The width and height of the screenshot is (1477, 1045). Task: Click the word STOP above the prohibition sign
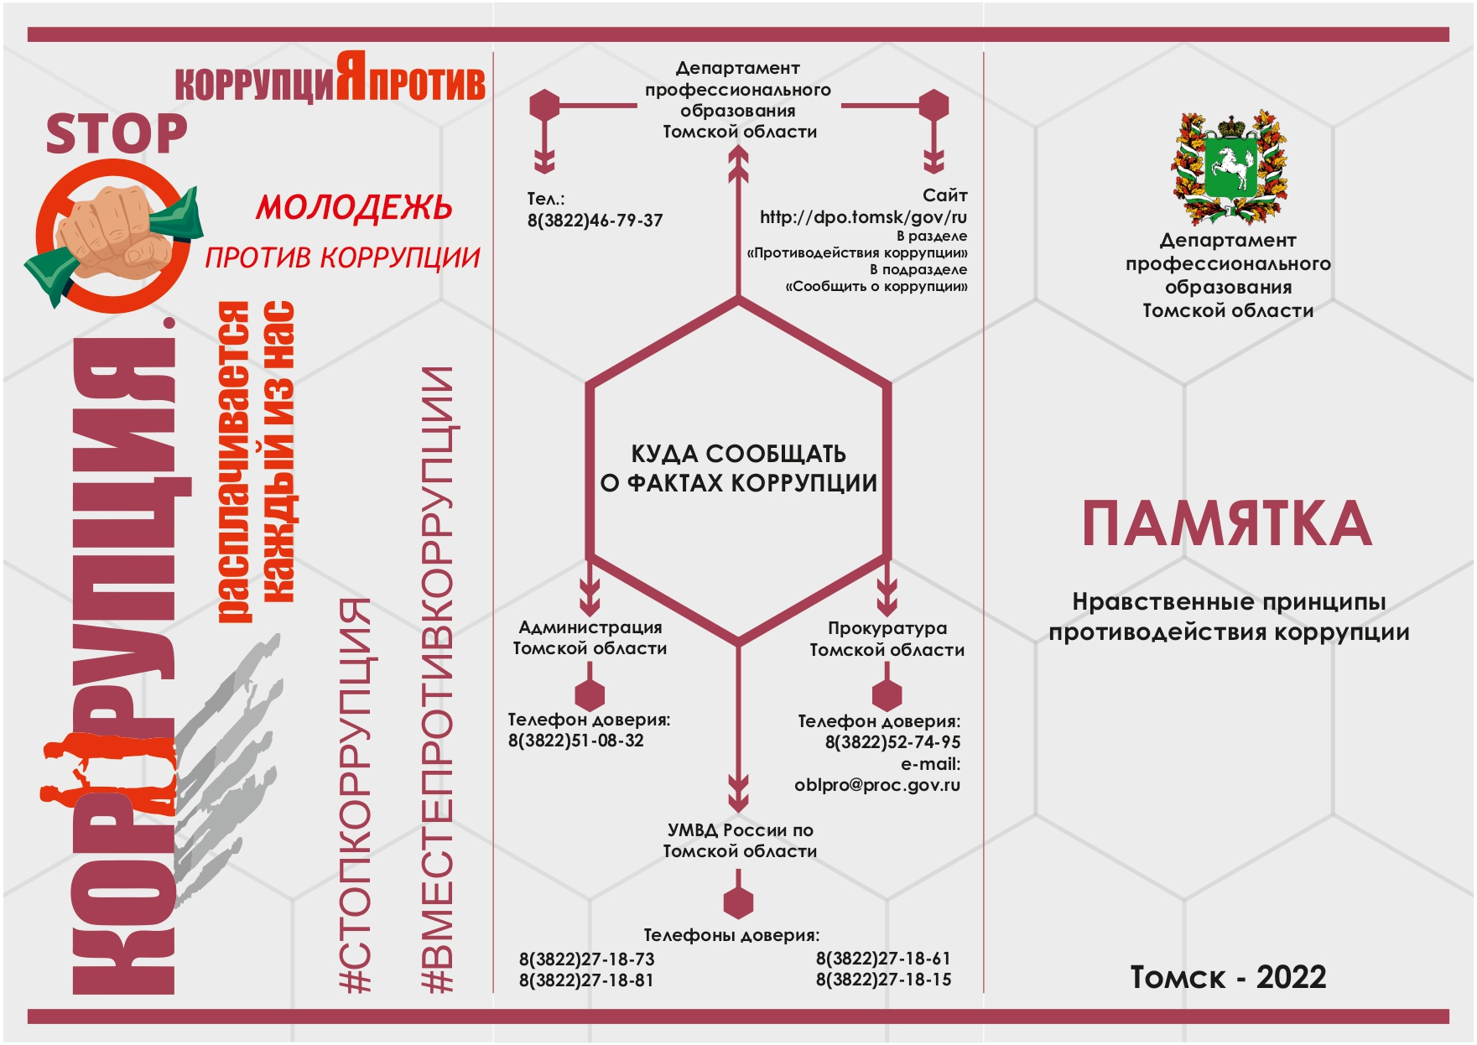tap(117, 134)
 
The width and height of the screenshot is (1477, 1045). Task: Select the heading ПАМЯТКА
tap(1227, 523)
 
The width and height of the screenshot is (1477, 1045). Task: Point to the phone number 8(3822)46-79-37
tap(595, 221)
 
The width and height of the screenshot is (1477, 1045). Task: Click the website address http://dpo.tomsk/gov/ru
tap(864, 217)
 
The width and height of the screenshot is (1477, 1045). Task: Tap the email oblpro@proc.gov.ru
tap(877, 786)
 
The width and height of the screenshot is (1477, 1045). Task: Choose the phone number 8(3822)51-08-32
tap(576, 741)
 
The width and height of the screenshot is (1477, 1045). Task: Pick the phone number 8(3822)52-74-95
tap(893, 742)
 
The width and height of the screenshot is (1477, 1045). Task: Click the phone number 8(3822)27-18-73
tap(587, 959)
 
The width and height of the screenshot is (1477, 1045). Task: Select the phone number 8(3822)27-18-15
tap(884, 980)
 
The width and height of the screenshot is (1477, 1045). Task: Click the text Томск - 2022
tap(1229, 978)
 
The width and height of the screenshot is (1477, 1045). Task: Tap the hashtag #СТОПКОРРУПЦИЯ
tap(356, 795)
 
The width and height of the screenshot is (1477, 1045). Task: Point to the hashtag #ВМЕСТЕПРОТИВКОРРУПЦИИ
tap(437, 680)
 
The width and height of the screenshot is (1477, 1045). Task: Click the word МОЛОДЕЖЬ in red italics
tap(354, 207)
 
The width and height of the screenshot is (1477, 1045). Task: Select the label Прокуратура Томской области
tap(887, 639)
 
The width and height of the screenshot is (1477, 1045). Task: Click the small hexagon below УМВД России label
tap(738, 902)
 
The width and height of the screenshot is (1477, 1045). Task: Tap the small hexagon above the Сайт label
tap(934, 106)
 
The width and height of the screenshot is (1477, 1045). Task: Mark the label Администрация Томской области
tap(590, 637)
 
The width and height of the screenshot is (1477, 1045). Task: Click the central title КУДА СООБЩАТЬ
tap(739, 454)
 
